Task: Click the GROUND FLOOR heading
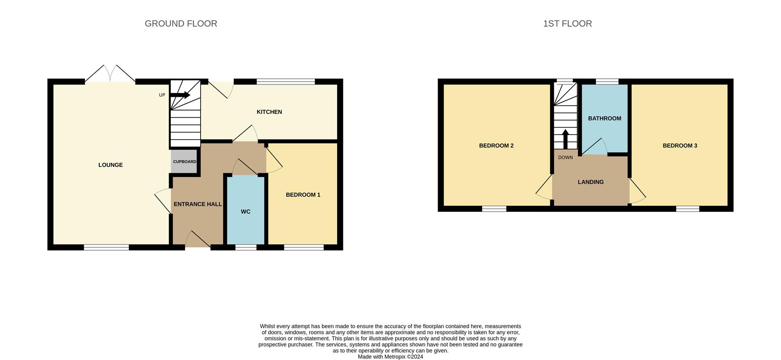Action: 181,24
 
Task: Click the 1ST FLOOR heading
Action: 567,24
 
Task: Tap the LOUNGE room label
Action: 110,165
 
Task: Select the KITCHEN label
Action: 269,112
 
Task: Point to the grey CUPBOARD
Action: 185,161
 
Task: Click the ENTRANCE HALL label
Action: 198,204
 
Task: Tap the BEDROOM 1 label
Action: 303,195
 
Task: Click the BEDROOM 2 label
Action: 496,146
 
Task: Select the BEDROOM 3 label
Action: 680,146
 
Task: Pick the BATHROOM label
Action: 604,118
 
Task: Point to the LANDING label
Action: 591,182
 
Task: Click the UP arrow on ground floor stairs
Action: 180,95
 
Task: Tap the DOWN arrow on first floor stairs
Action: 565,139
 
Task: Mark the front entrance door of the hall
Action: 198,240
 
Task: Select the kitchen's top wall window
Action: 286,82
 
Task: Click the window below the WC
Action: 246,247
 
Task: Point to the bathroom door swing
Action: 595,147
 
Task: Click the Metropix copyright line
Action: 390,357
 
